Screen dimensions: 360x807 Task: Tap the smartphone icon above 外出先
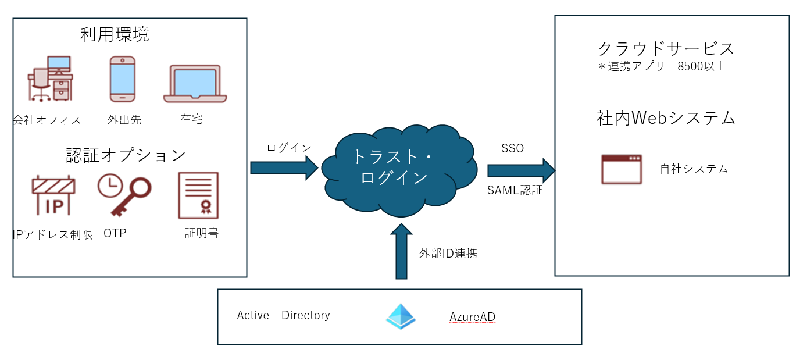(x=123, y=80)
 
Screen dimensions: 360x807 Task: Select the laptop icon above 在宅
(x=195, y=84)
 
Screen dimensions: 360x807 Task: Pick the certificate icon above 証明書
(x=198, y=195)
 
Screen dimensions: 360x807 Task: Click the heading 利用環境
(x=115, y=34)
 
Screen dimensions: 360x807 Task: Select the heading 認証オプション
(x=126, y=155)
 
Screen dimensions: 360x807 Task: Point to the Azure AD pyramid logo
(x=401, y=317)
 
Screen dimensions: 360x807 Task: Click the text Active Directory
(x=283, y=315)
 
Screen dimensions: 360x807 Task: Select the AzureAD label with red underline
(x=472, y=317)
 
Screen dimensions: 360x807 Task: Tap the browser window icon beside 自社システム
(x=622, y=169)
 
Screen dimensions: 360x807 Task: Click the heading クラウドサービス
(x=666, y=48)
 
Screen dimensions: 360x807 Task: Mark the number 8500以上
(x=701, y=66)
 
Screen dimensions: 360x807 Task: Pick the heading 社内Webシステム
(x=666, y=118)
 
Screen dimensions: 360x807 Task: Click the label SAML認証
(x=515, y=190)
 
